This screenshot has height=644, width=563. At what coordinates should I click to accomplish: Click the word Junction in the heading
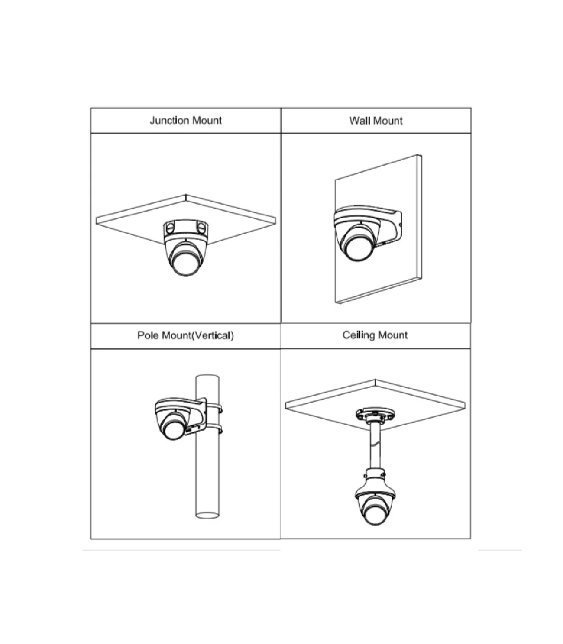[x=169, y=121]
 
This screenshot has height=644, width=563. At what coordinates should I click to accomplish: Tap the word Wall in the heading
[x=359, y=121]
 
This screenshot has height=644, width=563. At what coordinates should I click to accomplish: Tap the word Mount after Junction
[x=206, y=121]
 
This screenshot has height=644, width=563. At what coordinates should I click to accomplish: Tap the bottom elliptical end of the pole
[x=207, y=515]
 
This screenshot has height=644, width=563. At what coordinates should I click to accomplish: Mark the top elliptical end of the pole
[x=207, y=377]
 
